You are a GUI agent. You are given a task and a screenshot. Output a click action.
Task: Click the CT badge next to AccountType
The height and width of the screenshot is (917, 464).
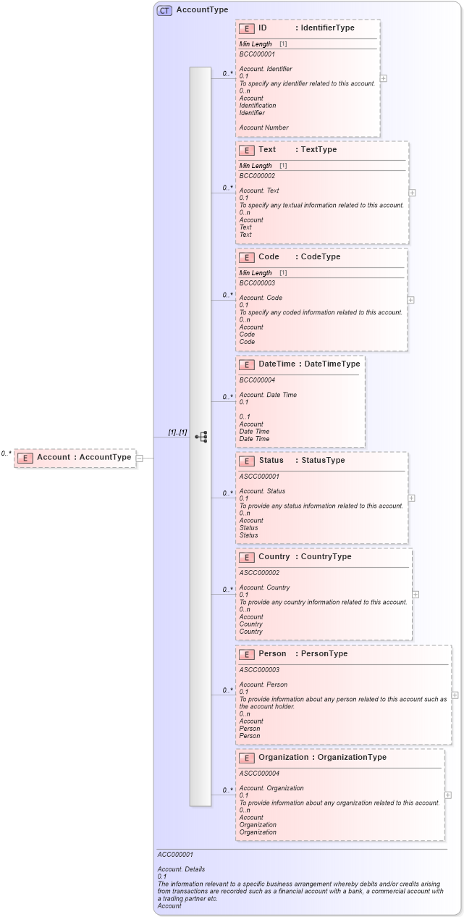coord(164,10)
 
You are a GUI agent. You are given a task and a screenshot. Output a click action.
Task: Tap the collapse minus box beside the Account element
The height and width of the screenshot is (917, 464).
coord(140,458)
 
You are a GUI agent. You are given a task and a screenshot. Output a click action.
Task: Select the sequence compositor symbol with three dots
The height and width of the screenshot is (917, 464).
coord(201,437)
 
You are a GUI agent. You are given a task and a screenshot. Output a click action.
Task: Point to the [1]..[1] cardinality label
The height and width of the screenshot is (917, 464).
coord(177,432)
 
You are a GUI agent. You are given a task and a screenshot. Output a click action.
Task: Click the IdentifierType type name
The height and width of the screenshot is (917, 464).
coord(327,28)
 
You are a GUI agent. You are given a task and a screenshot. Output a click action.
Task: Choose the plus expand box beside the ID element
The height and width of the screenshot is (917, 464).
coord(383,78)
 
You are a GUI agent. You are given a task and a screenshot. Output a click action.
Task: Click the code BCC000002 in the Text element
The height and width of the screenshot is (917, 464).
coord(257,176)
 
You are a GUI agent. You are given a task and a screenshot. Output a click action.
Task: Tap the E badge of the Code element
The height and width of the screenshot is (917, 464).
coord(246,257)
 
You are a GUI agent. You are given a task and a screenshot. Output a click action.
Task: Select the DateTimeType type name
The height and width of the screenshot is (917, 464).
coord(332,364)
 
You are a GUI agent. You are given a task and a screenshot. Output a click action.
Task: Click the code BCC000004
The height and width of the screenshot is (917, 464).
coord(257,380)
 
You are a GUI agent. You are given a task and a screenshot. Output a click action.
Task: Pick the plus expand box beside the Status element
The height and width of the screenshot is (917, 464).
coord(411,498)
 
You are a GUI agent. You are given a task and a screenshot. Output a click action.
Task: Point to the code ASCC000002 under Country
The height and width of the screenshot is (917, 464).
coord(259,573)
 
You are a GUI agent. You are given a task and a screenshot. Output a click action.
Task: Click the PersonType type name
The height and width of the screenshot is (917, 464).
coord(324,654)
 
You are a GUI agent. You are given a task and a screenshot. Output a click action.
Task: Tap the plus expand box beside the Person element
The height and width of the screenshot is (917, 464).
coord(455,695)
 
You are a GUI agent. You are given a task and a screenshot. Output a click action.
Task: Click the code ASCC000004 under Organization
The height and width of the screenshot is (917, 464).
coord(259,774)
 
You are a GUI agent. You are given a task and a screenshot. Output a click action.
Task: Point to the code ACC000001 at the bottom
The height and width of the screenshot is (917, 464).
coord(175,855)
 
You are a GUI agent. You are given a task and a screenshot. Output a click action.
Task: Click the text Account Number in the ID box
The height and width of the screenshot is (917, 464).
coord(263,127)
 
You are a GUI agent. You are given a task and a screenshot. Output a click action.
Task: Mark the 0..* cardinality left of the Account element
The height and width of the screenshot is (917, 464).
coord(6,453)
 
